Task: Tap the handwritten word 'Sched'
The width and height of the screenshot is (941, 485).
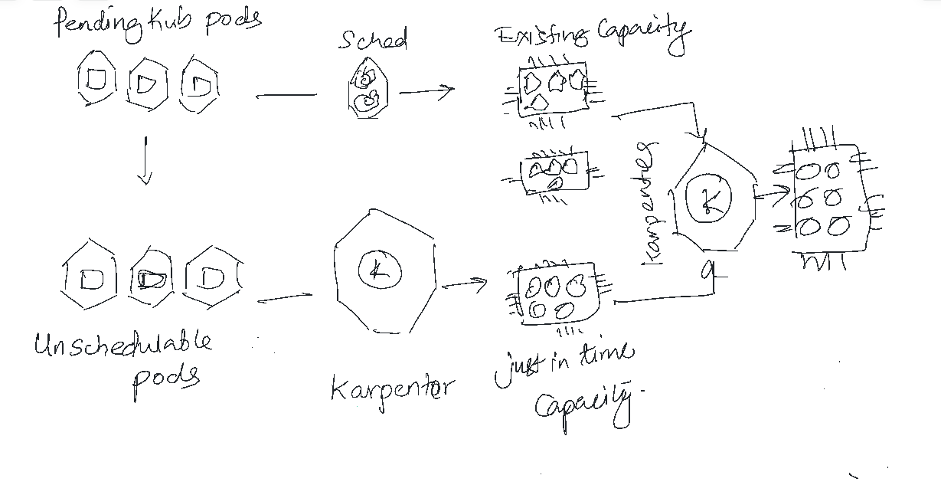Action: click(x=373, y=39)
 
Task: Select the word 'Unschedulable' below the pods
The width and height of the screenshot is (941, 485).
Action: click(x=123, y=345)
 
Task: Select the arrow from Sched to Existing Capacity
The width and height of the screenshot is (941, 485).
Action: click(x=426, y=91)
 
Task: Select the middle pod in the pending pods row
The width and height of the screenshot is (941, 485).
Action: click(x=146, y=82)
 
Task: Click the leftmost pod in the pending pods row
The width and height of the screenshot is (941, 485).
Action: click(x=95, y=80)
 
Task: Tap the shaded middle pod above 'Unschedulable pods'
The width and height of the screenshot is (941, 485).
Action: click(x=151, y=279)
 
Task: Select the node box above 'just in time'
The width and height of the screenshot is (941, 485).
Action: click(x=557, y=295)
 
